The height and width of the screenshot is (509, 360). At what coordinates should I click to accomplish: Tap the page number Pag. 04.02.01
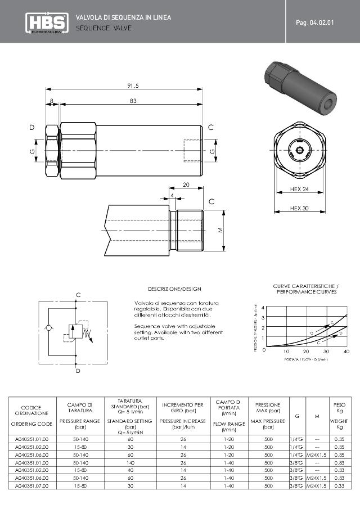(318, 22)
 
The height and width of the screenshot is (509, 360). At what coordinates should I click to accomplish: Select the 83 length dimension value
(133, 101)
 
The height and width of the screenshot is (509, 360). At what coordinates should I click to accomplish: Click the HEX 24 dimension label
(300, 190)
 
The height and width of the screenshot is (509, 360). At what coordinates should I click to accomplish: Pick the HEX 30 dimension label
(300, 208)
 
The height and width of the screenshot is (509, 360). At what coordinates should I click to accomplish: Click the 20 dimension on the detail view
(186, 184)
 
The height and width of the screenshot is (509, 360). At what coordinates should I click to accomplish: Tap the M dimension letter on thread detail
(221, 231)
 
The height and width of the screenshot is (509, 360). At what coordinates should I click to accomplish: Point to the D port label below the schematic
(78, 371)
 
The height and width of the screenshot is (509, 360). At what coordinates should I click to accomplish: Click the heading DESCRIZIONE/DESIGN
(174, 289)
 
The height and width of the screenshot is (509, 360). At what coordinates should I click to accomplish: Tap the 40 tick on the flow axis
(346, 351)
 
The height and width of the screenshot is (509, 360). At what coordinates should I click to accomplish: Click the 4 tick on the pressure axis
(264, 308)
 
